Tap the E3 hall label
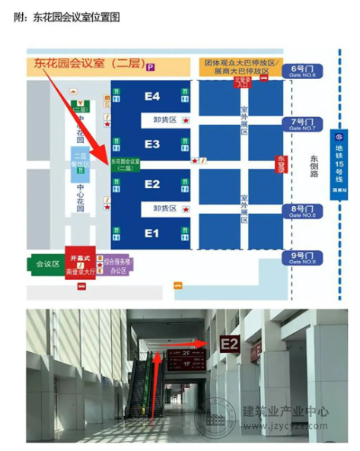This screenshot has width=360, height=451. tap(152, 144)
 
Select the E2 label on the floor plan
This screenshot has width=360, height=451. tap(152, 184)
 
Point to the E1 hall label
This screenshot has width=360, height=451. tap(152, 233)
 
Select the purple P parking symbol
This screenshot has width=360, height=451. tap(151, 68)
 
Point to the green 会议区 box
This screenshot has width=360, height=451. tap(45, 264)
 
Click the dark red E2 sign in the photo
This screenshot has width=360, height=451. tap(230, 346)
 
